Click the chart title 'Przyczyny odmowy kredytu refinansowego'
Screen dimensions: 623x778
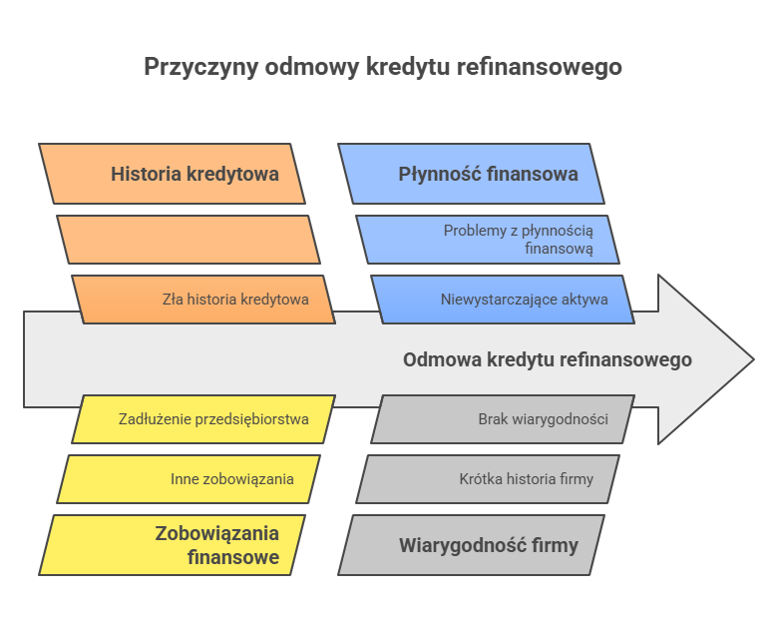(383, 67)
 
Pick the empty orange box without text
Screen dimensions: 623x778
(189, 239)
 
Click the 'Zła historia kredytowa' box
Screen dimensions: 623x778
(203, 299)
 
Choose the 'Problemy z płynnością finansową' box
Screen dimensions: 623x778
(488, 239)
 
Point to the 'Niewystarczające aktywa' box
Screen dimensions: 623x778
(503, 299)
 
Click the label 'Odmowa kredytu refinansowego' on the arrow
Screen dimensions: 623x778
(547, 359)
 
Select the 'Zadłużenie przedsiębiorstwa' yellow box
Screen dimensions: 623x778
(203, 418)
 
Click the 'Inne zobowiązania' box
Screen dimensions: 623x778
(189, 478)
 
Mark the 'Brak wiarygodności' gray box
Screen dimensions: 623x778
(503, 418)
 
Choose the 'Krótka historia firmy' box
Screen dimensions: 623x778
(488, 478)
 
